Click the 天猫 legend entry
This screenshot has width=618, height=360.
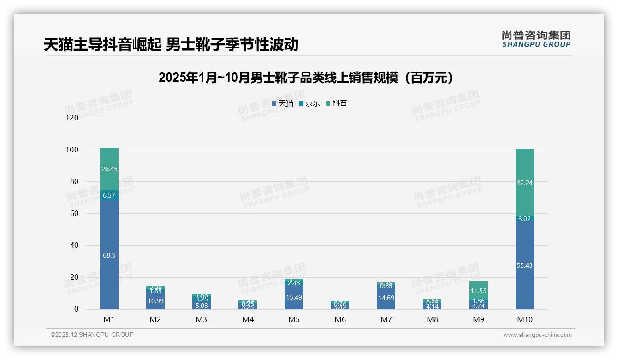tap(283, 103)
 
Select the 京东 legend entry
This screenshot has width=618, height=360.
tap(309, 103)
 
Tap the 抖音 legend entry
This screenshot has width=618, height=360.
tap(337, 103)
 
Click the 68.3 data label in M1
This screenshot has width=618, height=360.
tap(109, 255)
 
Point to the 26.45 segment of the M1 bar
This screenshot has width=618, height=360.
tap(109, 169)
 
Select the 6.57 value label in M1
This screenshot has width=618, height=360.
tap(109, 195)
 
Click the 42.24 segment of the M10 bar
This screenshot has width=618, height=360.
tap(524, 182)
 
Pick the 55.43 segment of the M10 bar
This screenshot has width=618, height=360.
tap(524, 265)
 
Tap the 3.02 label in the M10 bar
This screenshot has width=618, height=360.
tap(524, 219)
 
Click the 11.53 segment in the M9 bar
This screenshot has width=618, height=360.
tap(478, 291)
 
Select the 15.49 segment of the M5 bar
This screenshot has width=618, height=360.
tap(294, 298)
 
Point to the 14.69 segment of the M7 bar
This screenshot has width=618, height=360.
tap(386, 298)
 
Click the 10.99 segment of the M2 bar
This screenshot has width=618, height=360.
tap(155, 301)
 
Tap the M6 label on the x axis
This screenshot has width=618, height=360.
tap(340, 319)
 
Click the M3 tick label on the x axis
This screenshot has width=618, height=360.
tap(202, 319)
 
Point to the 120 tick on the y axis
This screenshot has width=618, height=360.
tap(72, 118)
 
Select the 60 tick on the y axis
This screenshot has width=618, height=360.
tap(74, 214)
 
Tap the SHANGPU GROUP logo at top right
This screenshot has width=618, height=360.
tap(536, 39)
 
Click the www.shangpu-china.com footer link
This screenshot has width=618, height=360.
tap(537, 335)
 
